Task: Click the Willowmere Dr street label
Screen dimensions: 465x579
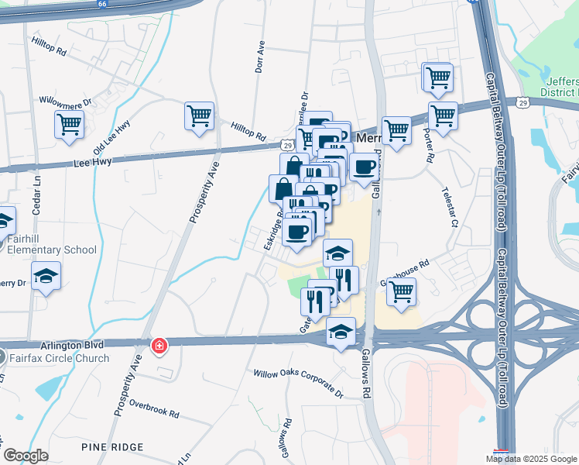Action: coord(66,102)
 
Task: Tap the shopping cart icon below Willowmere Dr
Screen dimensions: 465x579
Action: coord(69,124)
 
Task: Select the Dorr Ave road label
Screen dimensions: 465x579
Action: coord(260,57)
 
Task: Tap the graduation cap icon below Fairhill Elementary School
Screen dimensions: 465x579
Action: coord(46,276)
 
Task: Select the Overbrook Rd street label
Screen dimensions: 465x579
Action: coord(154,404)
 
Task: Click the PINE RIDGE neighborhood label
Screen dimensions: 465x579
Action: coord(112,447)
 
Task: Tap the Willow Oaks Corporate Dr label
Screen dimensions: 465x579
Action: coord(298,384)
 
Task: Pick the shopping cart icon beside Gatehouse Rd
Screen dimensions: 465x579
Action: coord(401,292)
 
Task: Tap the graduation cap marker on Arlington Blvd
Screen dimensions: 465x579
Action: coord(340,332)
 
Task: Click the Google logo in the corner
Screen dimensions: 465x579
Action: coord(26,456)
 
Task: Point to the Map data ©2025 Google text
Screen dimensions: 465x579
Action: coord(531,459)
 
